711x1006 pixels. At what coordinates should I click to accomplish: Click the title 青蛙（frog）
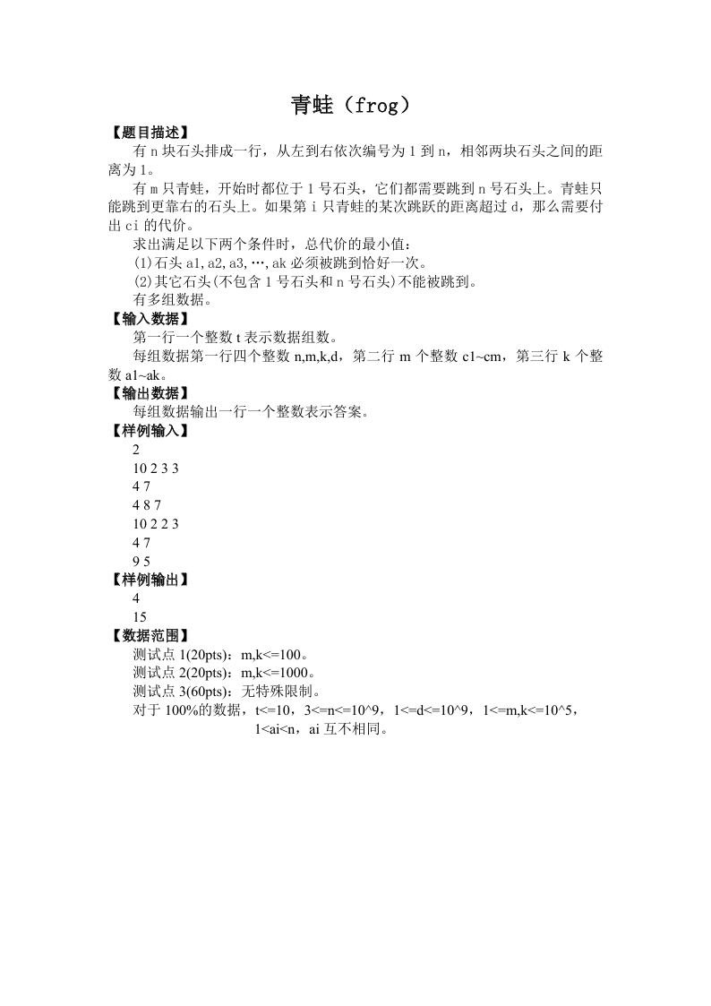[x=355, y=106]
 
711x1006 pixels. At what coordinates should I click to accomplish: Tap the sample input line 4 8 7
[x=147, y=504]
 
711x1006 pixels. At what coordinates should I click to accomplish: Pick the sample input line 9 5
[x=141, y=561]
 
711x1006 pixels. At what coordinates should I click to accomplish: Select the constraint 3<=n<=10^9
[x=344, y=710]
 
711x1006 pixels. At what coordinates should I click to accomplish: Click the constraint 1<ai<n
[x=278, y=729]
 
